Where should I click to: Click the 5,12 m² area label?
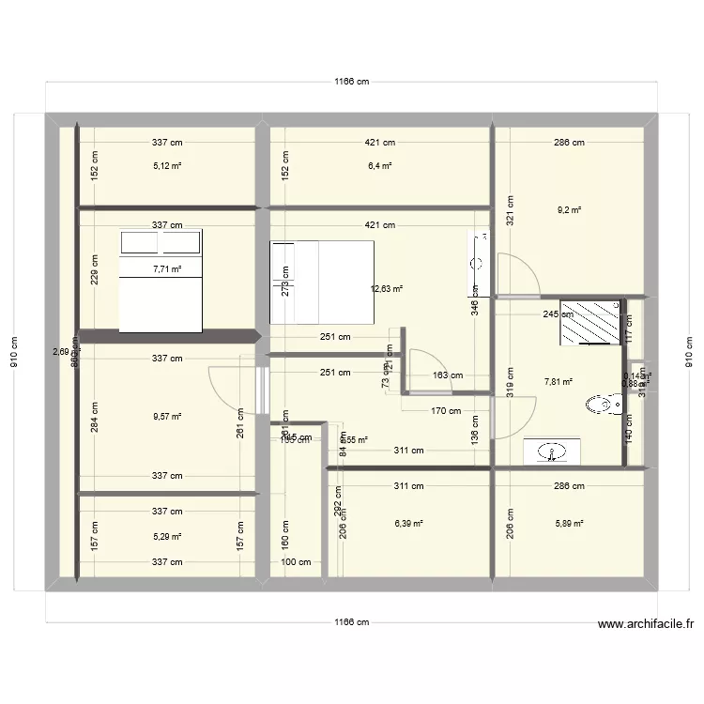click(168, 166)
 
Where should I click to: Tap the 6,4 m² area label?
click(380, 166)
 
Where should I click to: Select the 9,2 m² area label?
click(569, 211)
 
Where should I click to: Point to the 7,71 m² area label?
click(168, 268)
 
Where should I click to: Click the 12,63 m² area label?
click(387, 289)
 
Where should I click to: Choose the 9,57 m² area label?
click(168, 418)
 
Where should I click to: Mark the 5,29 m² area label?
click(168, 537)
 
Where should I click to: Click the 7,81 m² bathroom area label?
click(559, 382)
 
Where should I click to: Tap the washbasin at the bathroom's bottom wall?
click(553, 452)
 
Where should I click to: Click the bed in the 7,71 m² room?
click(161, 281)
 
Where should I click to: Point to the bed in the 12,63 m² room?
click(322, 283)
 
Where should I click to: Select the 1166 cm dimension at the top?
click(352, 82)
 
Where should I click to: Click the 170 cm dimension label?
click(445, 410)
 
